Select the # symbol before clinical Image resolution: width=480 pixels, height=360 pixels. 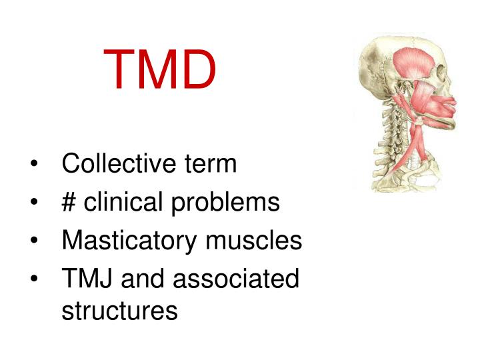pos(69,202)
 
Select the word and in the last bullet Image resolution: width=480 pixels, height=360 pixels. pos(143,279)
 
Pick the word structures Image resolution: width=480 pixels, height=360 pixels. pos(119,311)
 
